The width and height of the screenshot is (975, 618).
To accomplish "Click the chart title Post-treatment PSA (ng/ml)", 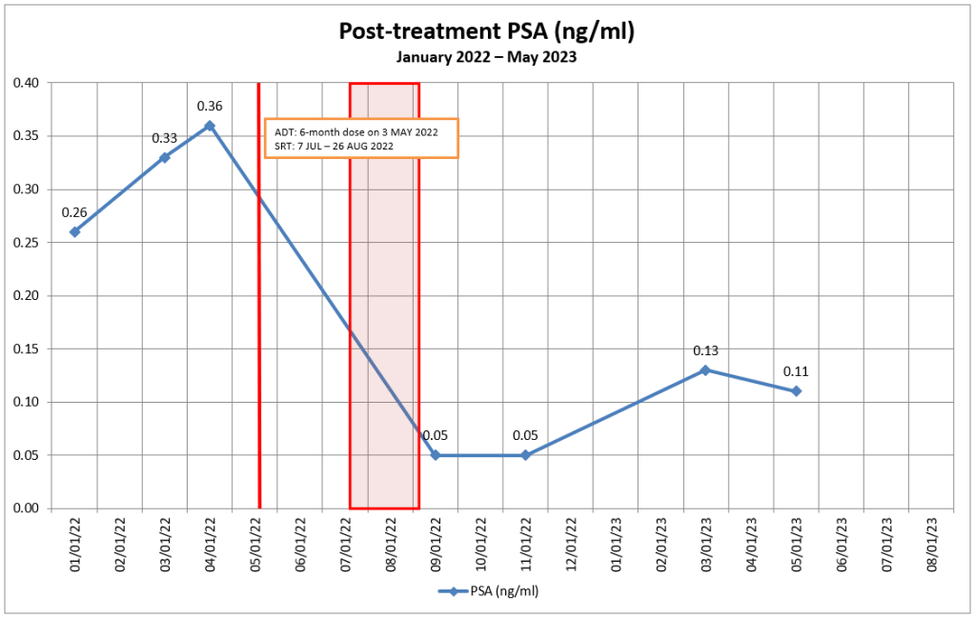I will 487,31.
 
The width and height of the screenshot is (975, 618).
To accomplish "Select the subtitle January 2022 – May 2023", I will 487,57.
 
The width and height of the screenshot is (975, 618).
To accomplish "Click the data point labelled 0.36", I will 210,126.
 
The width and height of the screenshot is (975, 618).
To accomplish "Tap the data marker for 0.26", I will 74,231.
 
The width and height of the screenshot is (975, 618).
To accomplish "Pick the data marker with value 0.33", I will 165,157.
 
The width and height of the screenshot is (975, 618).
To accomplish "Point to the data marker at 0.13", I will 705,369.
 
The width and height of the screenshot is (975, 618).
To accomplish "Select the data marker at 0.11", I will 796,391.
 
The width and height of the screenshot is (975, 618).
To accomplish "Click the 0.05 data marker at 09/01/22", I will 436,455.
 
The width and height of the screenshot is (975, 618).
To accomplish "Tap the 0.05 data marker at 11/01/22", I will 526,455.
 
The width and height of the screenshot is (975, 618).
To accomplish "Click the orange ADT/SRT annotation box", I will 361,138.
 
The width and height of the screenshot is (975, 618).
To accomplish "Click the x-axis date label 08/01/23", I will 931,544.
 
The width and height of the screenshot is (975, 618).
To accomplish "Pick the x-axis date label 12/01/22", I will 570,544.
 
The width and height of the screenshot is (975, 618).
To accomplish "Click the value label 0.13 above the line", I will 705,350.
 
